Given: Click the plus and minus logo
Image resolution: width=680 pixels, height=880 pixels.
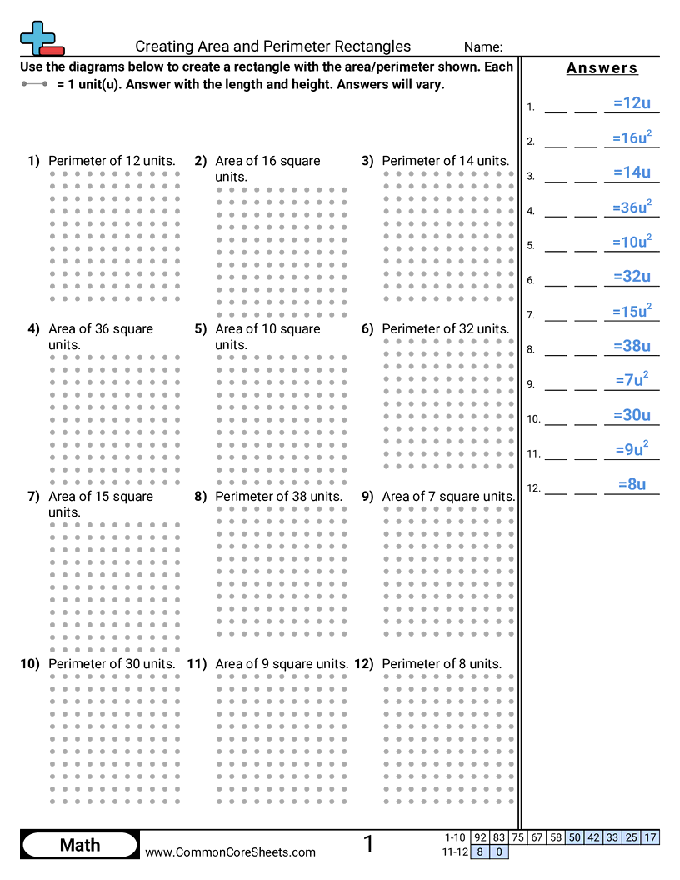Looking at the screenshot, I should coord(41,38).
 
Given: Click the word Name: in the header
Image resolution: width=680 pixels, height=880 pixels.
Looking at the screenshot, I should coord(483,47).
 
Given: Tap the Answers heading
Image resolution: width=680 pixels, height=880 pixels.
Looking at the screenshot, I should coord(602,68).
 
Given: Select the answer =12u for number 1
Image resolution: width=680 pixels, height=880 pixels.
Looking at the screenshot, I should coord(631,103).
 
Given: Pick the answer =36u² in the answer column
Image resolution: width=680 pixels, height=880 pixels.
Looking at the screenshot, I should coord(631,207).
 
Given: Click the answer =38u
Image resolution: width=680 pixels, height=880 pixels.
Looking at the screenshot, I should coord(631,346).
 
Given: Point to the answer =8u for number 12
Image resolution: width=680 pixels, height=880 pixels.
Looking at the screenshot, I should coord(632,484).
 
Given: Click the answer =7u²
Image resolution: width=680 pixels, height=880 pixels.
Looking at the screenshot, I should coord(631,380).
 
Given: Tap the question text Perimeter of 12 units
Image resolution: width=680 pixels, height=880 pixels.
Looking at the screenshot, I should coord(112,161).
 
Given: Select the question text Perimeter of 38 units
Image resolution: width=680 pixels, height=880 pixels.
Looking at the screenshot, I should coord(279,496).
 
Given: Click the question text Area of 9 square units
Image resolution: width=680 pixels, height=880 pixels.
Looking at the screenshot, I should coord(282,664).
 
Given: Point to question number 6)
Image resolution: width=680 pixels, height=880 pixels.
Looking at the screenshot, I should coord(367,328).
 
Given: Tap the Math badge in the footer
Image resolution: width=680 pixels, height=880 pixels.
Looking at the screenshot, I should coord(80,845).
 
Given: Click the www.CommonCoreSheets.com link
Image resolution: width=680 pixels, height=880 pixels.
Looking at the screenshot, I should coord(231,852).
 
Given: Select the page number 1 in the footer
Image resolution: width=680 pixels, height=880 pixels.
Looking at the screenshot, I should coord(368,844).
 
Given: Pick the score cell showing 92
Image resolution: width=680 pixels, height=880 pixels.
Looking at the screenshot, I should coord(480,837).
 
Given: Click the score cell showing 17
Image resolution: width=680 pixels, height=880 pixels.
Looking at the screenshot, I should coord(651,837).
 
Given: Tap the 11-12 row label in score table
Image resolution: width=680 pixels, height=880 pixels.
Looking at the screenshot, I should coord(456,852).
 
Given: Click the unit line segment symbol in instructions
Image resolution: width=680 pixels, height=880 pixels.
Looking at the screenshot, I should coord(36,85).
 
